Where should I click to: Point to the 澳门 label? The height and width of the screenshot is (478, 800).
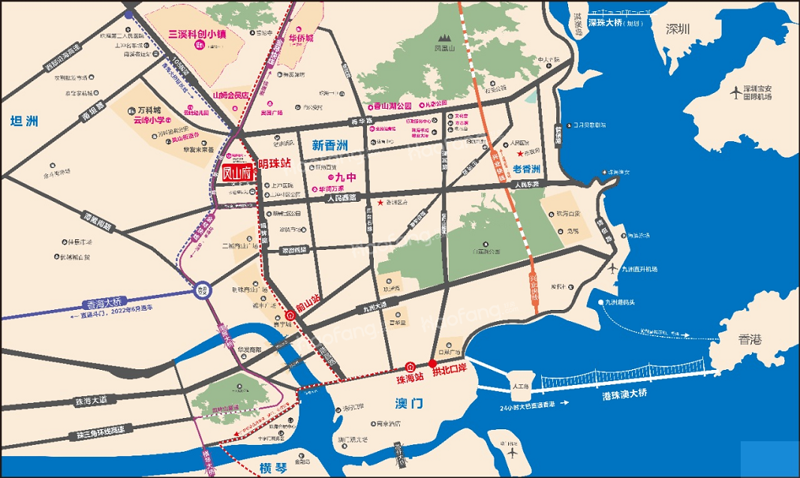point(408,404)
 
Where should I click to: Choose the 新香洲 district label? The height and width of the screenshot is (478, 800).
point(330,144)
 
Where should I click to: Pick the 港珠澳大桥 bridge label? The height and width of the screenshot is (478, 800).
point(624,394)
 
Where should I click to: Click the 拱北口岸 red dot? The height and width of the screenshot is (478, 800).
point(432,363)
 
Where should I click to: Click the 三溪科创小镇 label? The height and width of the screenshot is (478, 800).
point(200,34)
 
